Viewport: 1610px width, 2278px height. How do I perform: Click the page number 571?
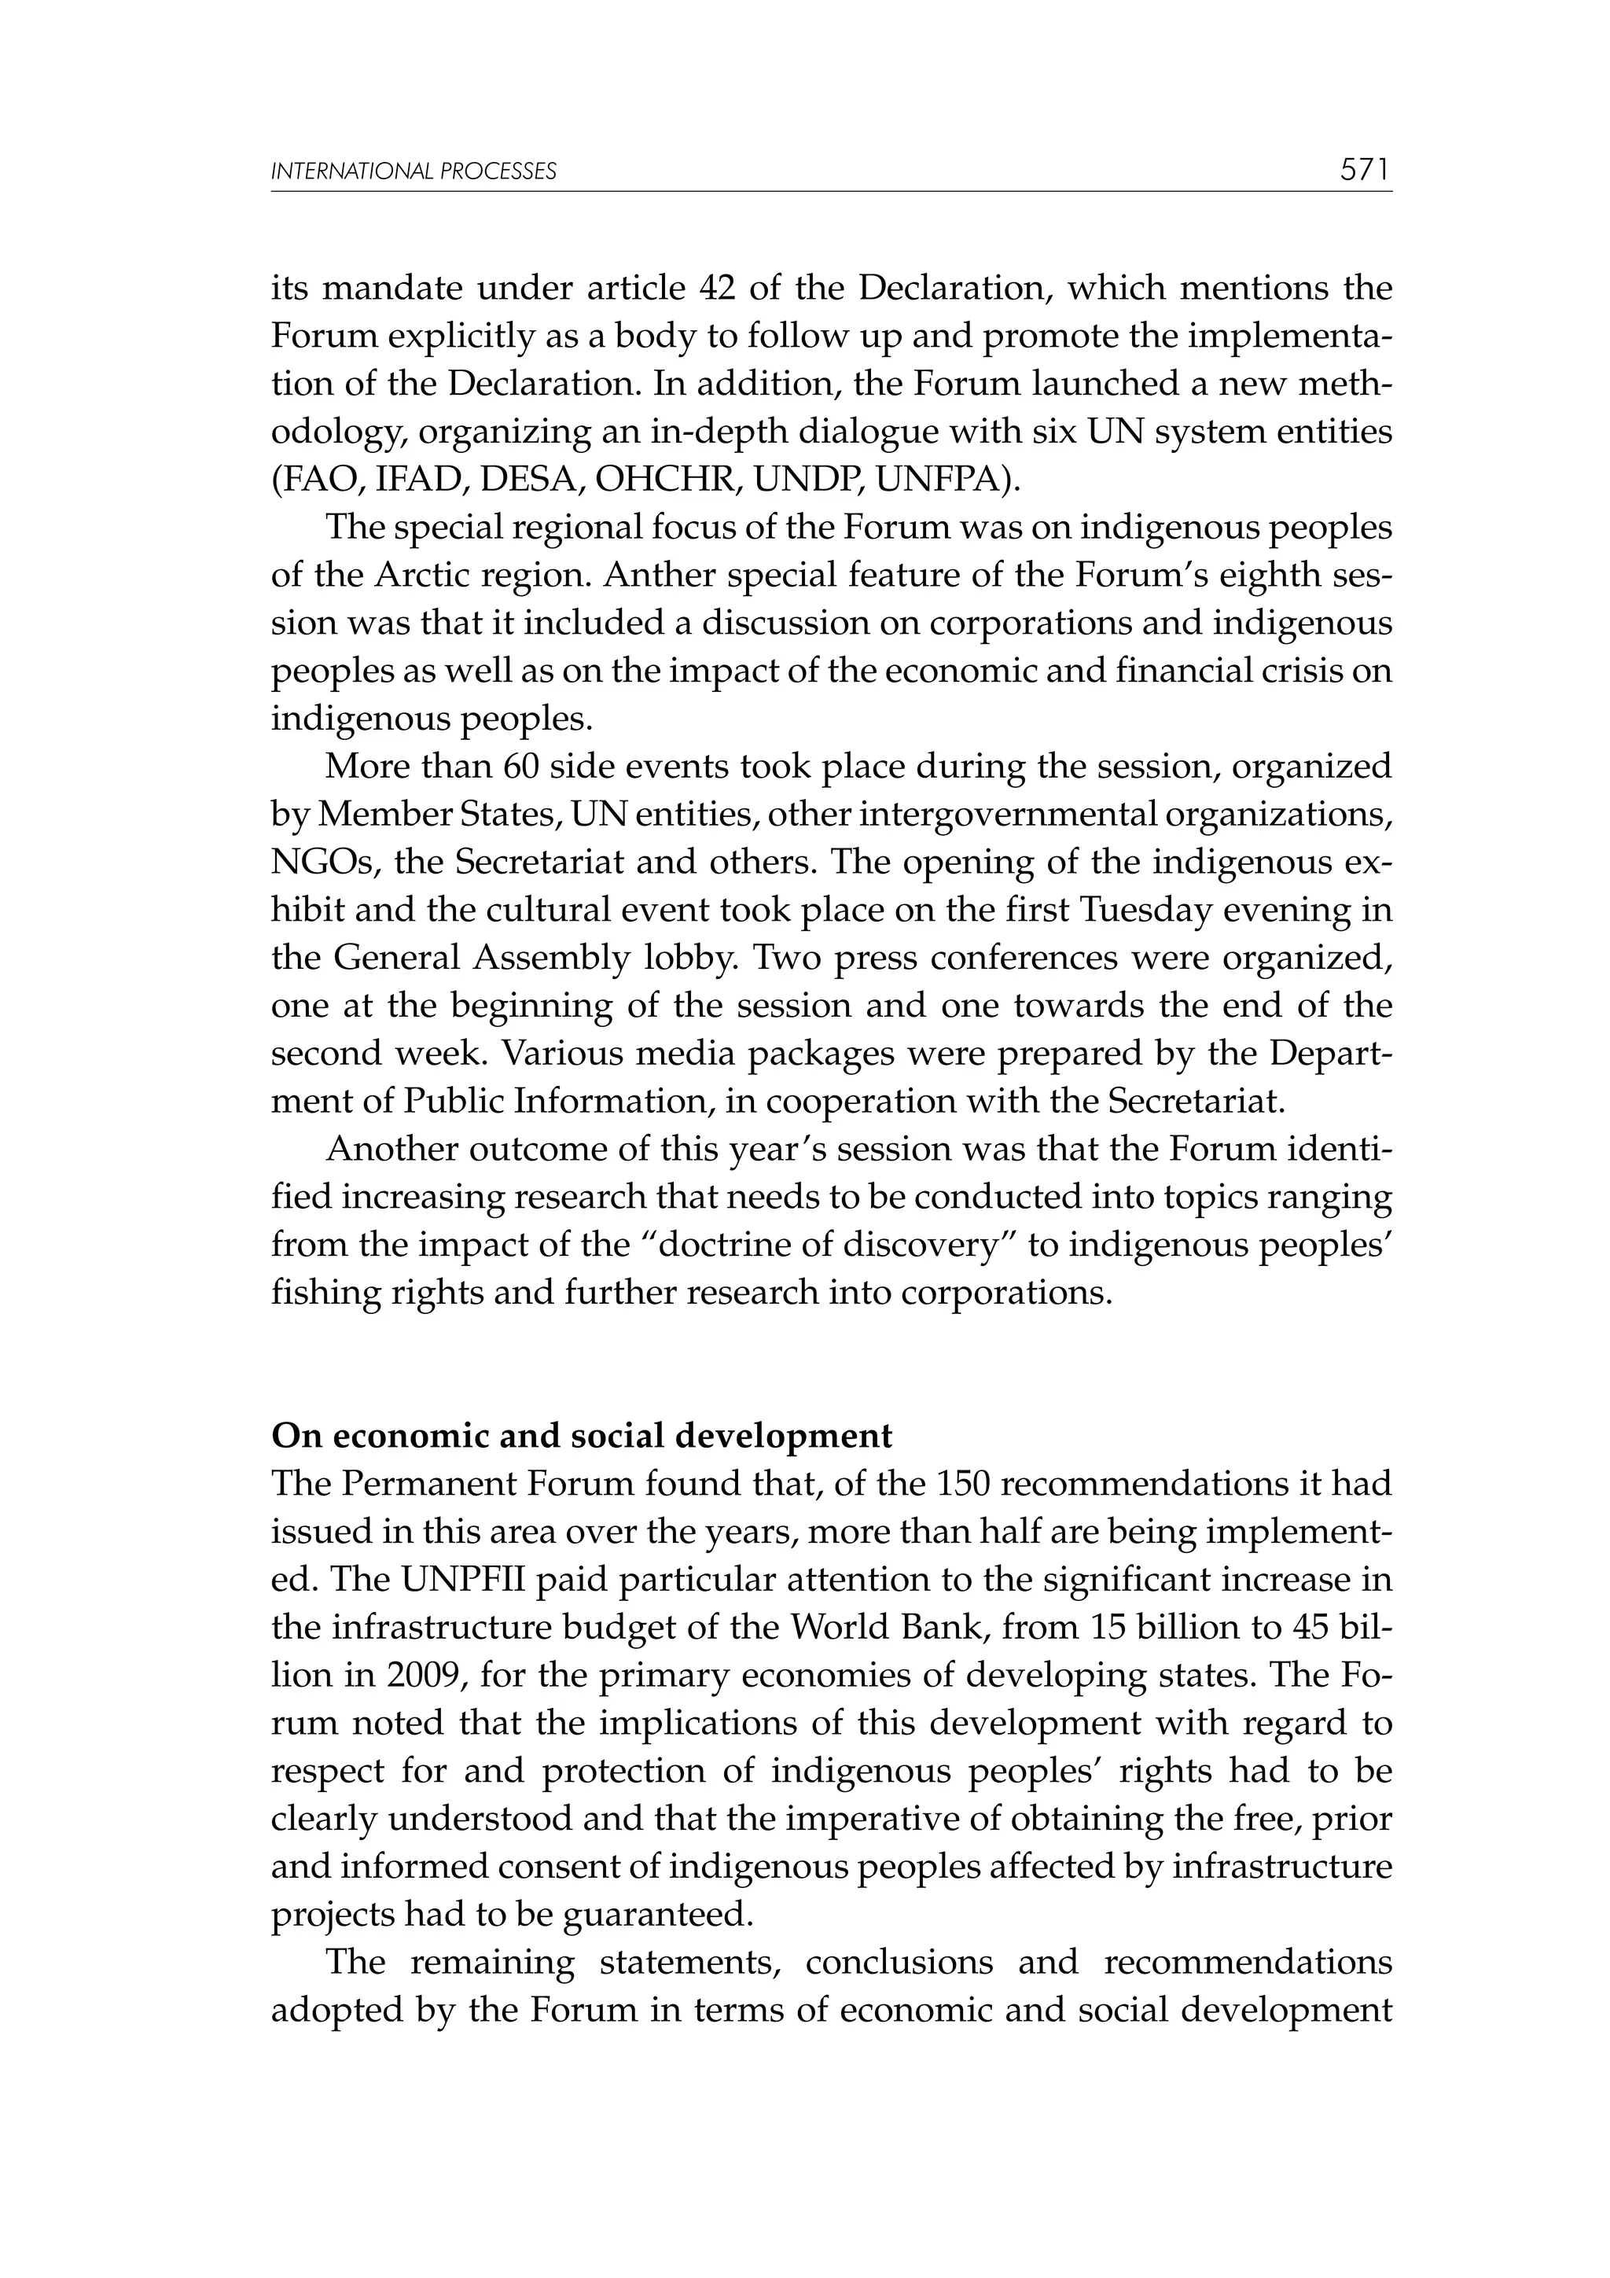tap(1365, 171)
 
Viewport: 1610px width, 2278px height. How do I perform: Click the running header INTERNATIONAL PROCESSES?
tap(414, 171)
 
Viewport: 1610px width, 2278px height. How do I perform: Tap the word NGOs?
tap(322, 862)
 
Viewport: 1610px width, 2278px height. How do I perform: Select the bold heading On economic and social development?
tap(583, 1436)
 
